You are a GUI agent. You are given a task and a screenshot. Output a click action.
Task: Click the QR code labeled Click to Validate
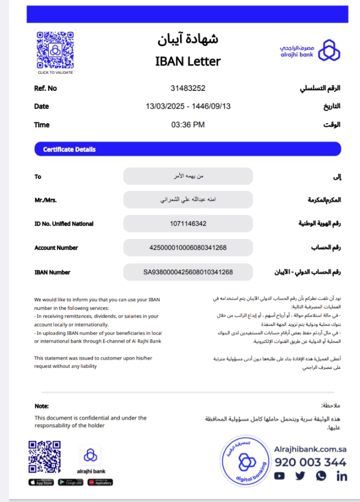click(55, 50)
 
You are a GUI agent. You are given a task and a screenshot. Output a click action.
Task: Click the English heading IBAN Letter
click(188, 61)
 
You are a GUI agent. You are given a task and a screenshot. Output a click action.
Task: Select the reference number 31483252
click(188, 88)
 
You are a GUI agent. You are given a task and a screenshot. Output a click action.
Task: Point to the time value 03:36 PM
click(188, 125)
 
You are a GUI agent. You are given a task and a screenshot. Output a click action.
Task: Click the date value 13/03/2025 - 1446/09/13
click(188, 106)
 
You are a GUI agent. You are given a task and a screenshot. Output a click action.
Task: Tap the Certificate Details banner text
click(69, 149)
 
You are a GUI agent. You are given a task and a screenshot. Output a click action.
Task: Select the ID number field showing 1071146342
click(188, 223)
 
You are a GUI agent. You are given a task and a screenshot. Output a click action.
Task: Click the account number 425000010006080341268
click(188, 248)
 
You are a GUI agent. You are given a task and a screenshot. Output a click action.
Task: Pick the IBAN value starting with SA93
click(188, 272)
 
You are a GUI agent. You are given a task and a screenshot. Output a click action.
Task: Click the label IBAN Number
click(52, 272)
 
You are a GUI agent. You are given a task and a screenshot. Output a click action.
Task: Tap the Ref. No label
click(45, 88)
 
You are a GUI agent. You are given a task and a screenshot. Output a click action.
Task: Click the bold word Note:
click(42, 406)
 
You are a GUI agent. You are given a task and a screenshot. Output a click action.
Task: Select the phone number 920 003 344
click(310, 462)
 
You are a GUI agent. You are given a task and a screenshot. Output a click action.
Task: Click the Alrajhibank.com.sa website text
click(310, 449)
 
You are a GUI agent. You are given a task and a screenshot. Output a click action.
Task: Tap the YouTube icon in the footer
click(280, 476)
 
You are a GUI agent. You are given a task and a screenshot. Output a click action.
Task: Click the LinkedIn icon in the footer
click(341, 476)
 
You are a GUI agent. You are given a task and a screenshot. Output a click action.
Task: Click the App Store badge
click(40, 482)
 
